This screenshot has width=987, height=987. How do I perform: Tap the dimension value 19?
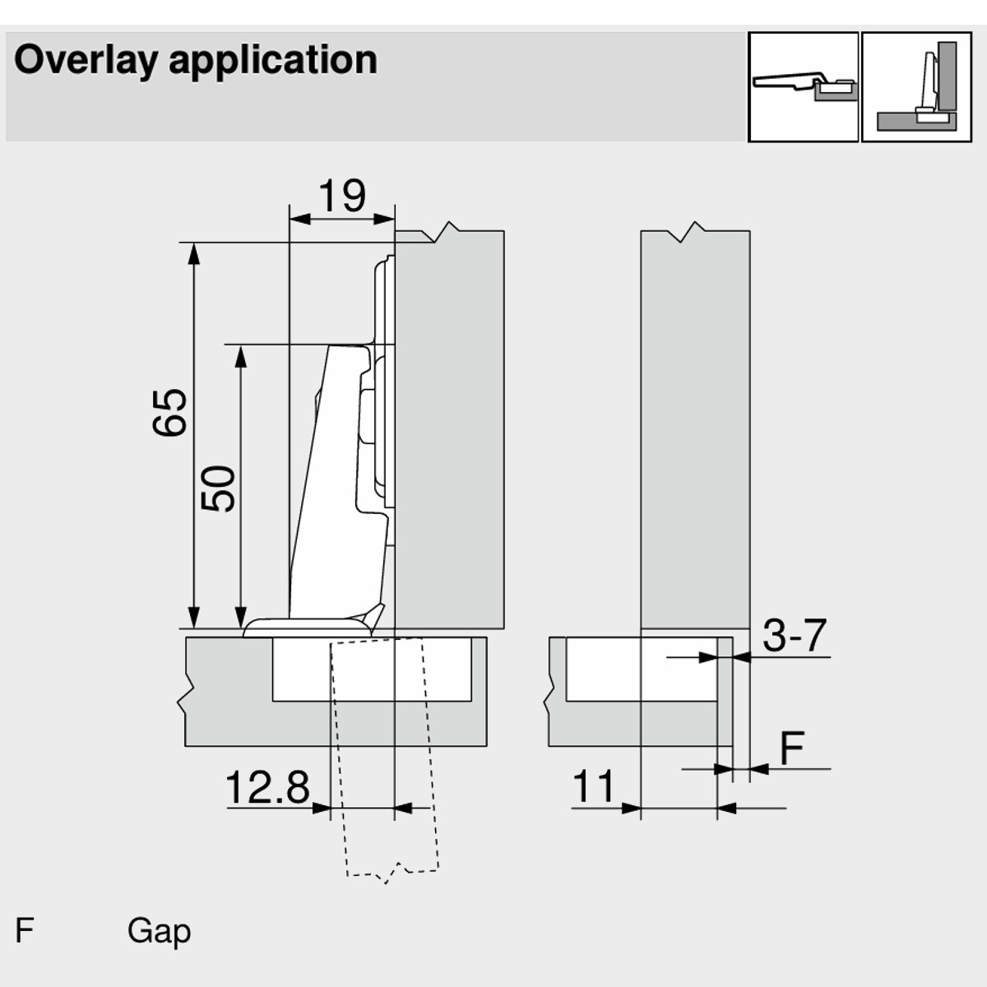(342, 196)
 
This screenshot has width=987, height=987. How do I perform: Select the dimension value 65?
(170, 412)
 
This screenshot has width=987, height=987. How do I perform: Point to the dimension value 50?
(219, 489)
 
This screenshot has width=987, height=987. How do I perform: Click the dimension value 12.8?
(266, 788)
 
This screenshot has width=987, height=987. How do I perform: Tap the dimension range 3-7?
(793, 635)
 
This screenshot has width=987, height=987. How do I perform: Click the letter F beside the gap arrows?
(791, 748)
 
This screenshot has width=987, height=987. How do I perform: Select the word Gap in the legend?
(159, 931)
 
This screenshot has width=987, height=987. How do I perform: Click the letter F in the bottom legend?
(25, 931)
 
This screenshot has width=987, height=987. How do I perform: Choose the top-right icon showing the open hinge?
(803, 86)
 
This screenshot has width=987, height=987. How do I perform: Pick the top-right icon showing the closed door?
(915, 86)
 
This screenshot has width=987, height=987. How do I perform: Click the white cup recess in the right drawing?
(642, 668)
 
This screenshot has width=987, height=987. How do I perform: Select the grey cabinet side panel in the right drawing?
(695, 428)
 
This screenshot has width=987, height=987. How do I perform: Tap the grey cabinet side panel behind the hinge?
(449, 428)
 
